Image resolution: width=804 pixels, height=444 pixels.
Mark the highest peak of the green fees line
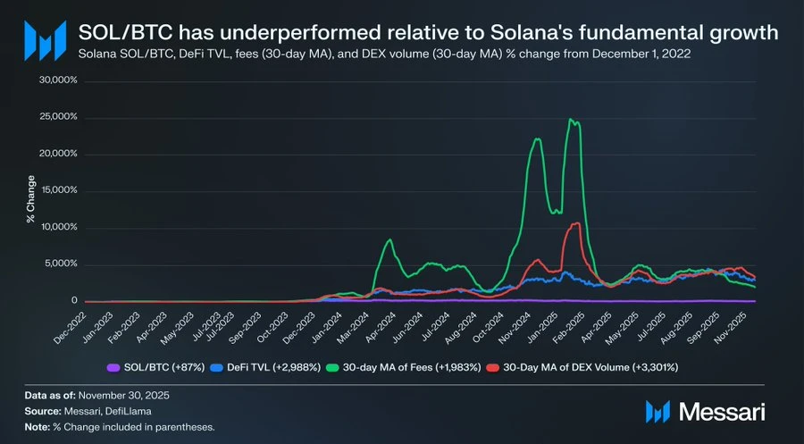click(x=570, y=120)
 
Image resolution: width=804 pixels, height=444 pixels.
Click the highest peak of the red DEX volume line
click(x=576, y=223)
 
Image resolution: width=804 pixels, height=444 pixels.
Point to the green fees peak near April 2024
click(x=389, y=239)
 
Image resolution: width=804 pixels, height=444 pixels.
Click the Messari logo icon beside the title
click(x=44, y=39)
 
